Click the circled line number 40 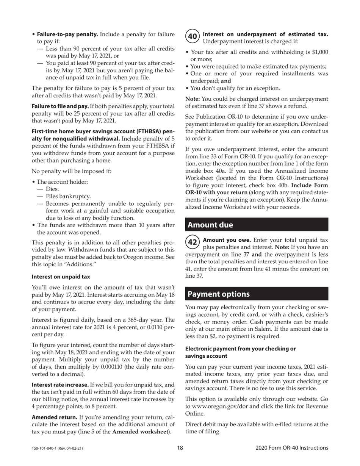tap(193, 37)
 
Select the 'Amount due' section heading tap(210, 225)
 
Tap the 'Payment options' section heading tap(219, 294)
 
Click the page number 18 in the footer tap(180, 448)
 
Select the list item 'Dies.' tap(52, 189)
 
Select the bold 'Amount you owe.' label tap(227, 240)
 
